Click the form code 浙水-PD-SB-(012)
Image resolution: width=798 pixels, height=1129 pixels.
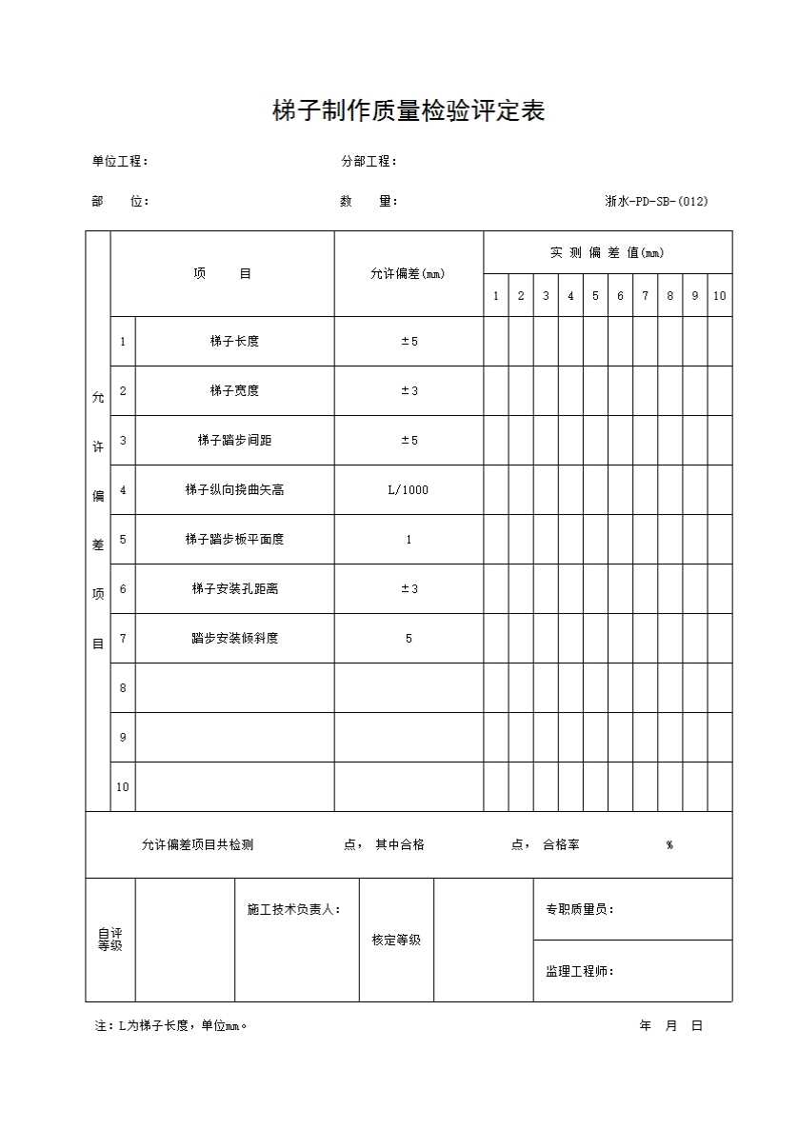656,201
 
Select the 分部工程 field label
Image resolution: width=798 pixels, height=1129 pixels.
369,162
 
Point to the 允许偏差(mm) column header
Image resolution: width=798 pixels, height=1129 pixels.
408,274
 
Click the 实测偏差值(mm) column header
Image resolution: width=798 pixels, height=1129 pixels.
607,253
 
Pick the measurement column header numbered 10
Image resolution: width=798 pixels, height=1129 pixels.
719,296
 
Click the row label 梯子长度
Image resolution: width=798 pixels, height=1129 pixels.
234,342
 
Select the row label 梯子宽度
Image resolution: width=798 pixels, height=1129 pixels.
234,391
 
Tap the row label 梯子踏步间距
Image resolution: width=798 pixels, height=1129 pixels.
234,441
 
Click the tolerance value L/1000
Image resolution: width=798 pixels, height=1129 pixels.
409,490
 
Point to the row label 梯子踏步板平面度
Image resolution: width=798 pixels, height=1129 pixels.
234,540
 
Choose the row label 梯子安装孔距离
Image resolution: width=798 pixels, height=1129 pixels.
234,589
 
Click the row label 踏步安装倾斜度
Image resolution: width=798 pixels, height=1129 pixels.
234,639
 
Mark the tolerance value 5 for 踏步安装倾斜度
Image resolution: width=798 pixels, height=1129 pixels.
409,639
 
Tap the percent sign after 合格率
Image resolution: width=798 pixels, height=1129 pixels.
669,845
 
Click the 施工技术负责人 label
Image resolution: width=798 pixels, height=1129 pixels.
293,910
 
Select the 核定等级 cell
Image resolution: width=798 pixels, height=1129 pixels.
396,941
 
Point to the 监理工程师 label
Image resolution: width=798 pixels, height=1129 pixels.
579,972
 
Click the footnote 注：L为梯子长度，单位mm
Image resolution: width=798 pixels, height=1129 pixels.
171,1026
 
